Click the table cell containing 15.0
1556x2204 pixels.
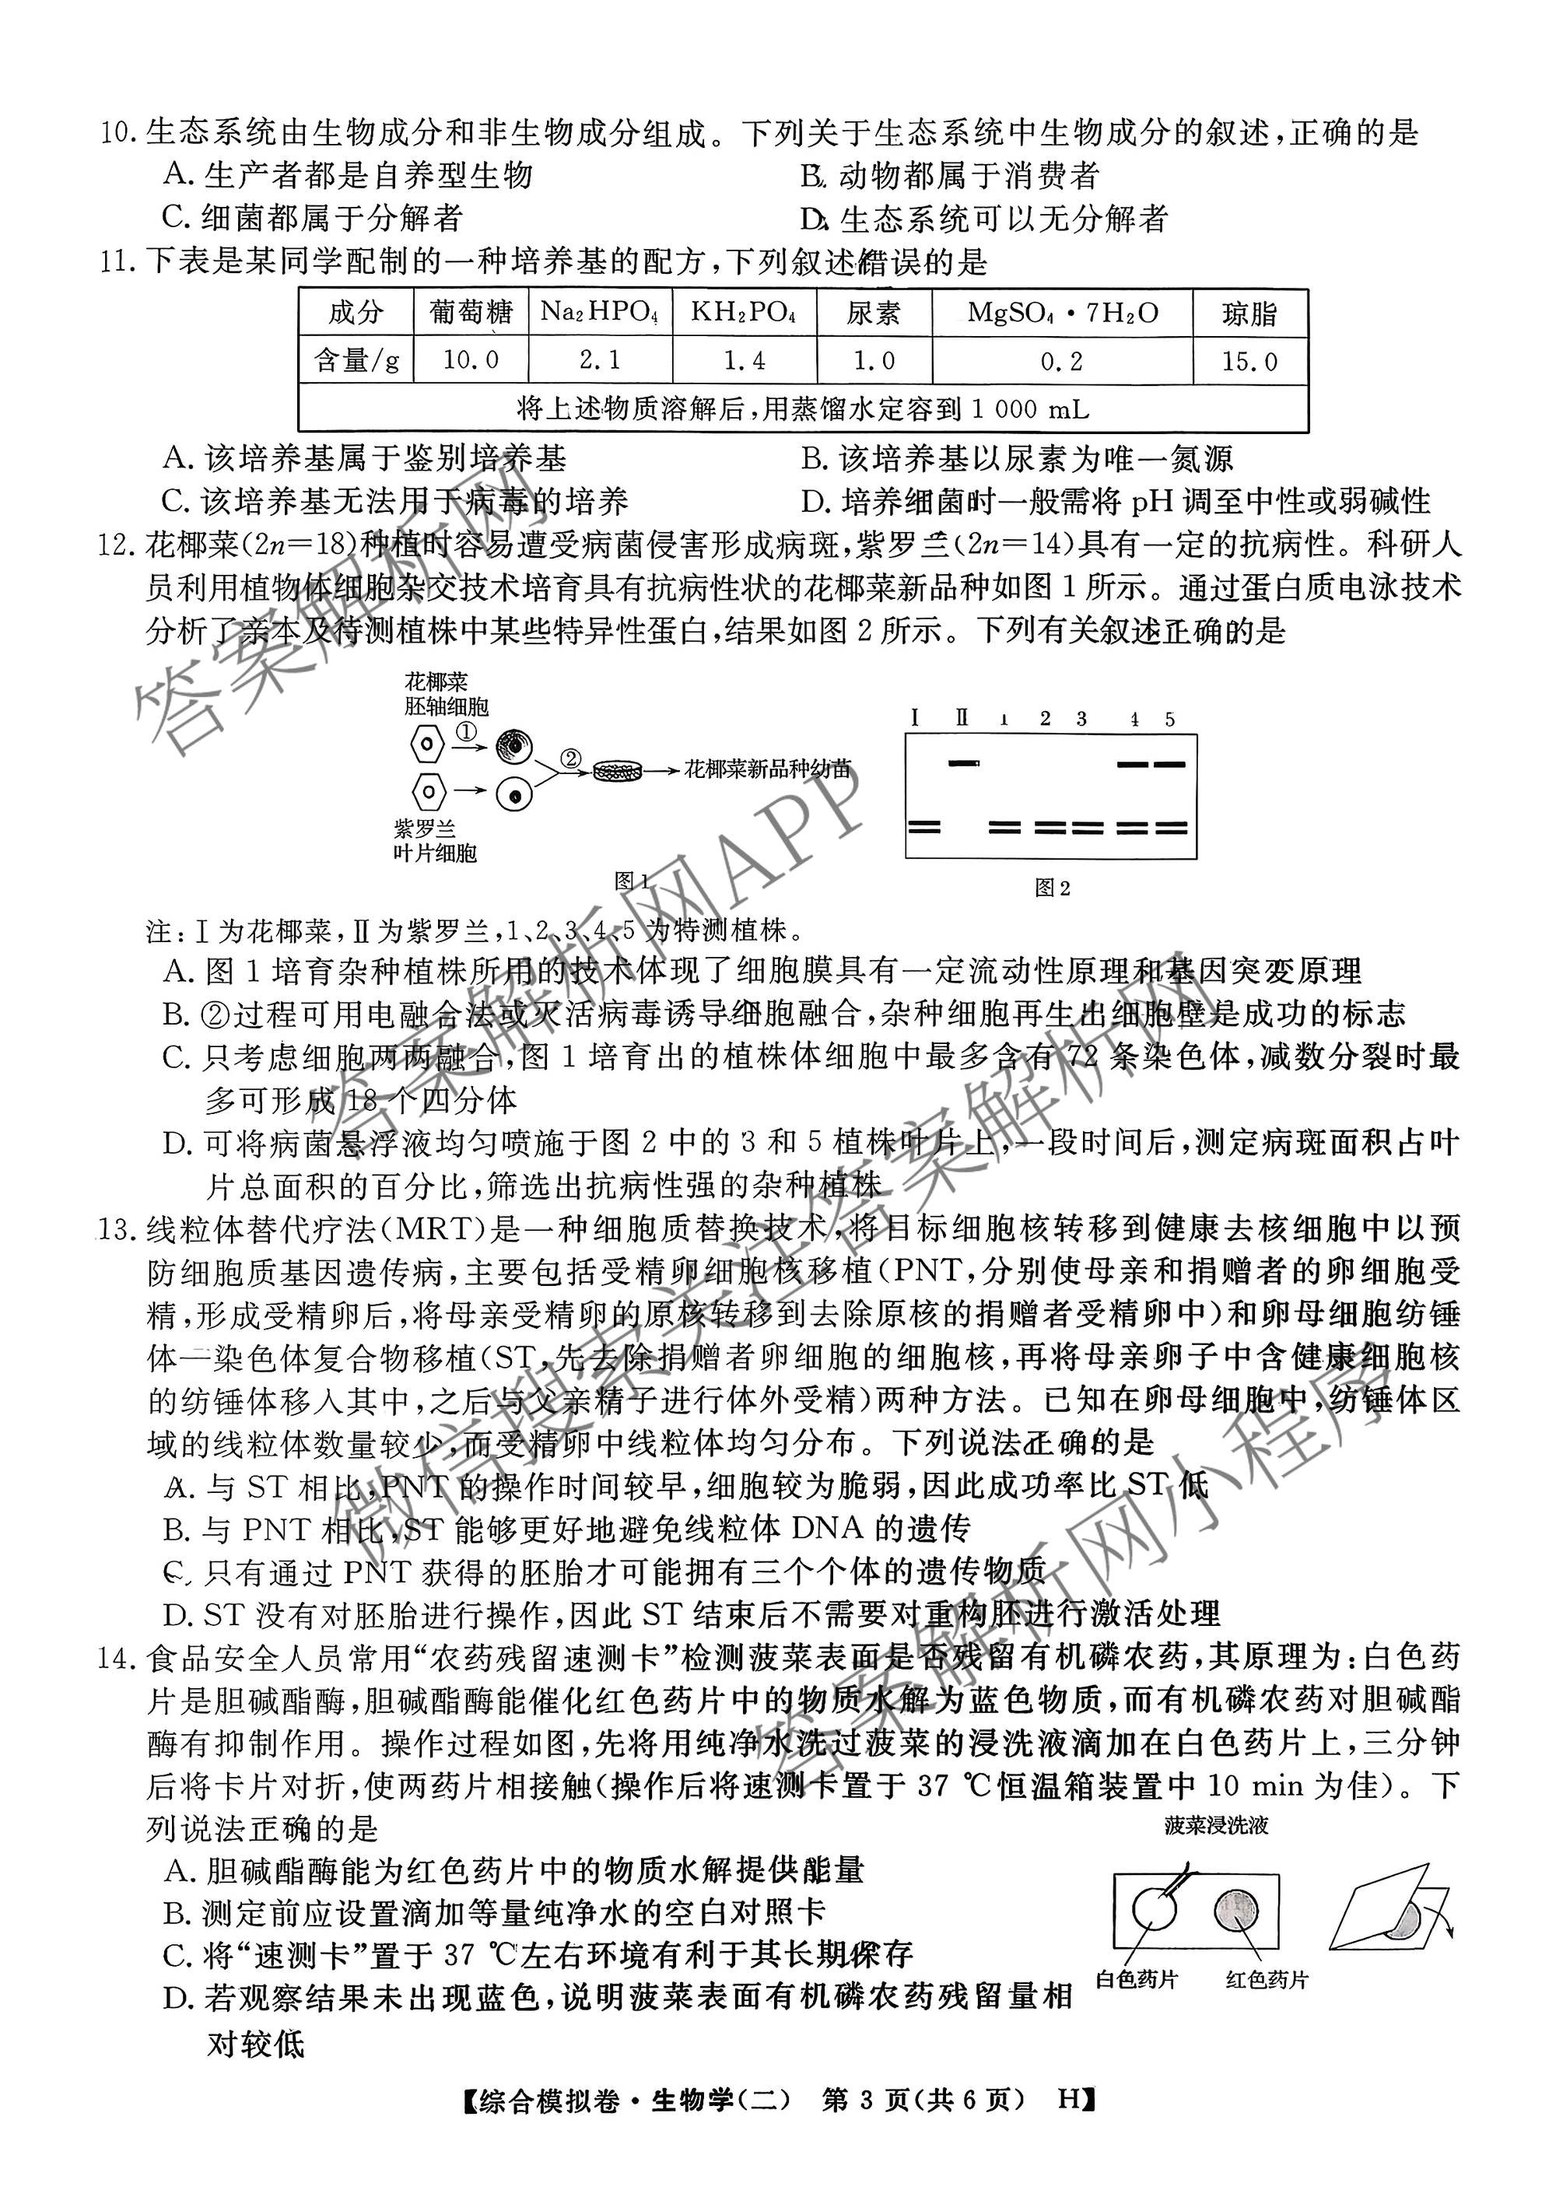click(1249, 361)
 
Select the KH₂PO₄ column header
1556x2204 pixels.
click(744, 312)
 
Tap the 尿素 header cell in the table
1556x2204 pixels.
click(874, 313)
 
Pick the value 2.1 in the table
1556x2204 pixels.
click(600, 360)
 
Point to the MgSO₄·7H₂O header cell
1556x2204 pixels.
click(1062, 312)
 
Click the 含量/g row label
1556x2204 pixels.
click(356, 361)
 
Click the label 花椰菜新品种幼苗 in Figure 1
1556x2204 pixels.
click(767, 769)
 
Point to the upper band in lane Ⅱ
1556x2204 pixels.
click(964, 763)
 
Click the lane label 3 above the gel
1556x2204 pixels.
click(1081, 719)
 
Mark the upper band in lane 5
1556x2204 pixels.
click(1169, 765)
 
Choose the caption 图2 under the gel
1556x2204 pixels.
click(1052, 888)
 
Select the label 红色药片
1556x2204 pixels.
click(1266, 1981)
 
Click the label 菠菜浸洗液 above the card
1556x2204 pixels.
click(1215, 1826)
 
